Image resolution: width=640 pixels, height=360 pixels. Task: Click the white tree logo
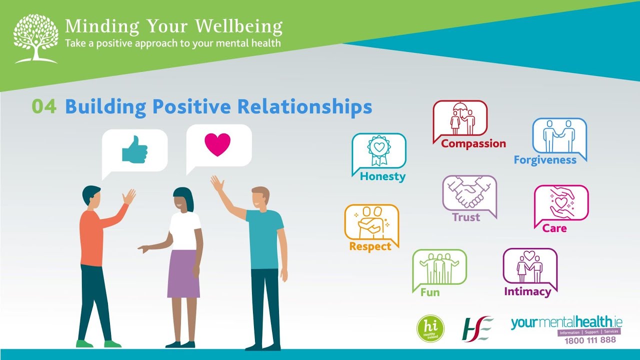(35, 39)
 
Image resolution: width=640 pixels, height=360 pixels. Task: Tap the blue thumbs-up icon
(135, 149)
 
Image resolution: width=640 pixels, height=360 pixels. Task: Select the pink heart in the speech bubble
(217, 144)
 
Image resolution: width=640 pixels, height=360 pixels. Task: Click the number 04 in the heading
(44, 107)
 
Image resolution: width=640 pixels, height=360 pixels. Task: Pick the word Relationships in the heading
(304, 107)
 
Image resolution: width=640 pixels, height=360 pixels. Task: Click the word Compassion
(473, 144)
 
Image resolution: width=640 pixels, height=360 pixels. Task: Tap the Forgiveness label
(545, 160)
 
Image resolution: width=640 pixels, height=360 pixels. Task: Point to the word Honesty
(382, 176)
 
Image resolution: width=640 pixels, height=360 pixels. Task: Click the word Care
(554, 228)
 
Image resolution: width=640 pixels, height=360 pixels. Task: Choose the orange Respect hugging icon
(371, 222)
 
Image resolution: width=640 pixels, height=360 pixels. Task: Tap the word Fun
(430, 292)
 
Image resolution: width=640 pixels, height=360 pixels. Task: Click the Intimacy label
(527, 291)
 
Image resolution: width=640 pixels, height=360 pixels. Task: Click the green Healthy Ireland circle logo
(430, 328)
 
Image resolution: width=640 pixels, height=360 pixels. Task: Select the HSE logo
(477, 328)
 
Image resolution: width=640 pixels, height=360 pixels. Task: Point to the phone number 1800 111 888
(590, 340)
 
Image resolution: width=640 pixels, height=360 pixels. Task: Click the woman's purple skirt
(184, 274)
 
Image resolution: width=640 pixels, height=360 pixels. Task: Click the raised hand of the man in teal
(217, 184)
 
